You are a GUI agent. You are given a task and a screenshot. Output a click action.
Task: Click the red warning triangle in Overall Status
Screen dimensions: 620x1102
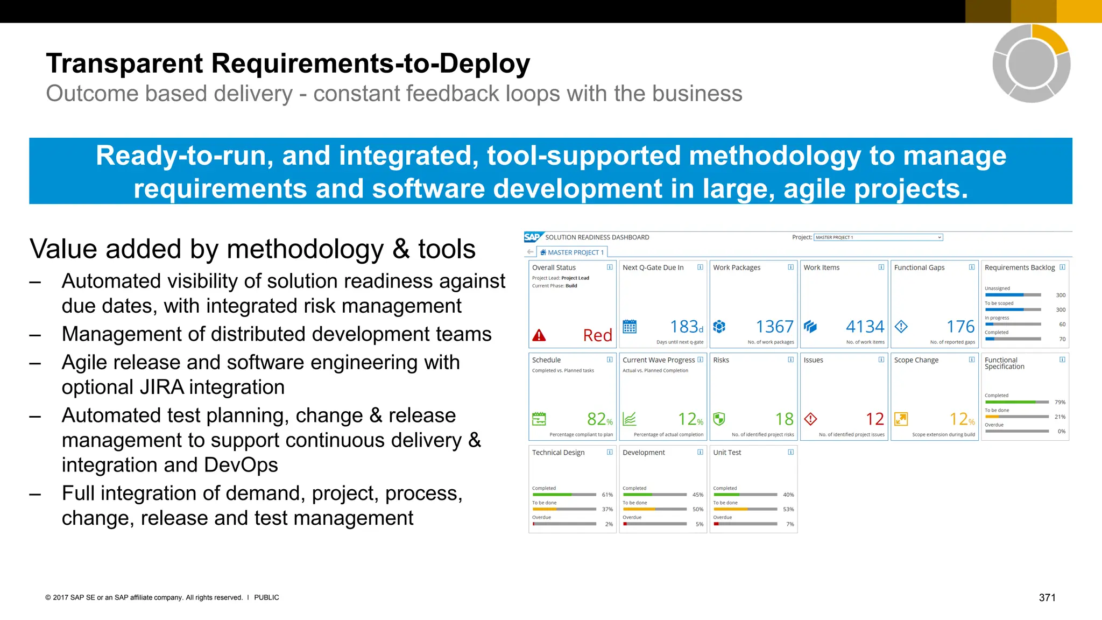pos(539,336)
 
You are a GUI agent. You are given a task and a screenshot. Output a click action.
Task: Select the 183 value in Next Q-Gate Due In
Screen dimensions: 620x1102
pos(683,327)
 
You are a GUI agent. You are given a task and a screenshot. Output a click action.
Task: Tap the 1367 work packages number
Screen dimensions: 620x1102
pos(774,327)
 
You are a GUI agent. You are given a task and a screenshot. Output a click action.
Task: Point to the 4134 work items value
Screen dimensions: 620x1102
pos(865,327)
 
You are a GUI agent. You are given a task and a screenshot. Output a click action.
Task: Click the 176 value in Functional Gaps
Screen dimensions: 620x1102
pos(960,327)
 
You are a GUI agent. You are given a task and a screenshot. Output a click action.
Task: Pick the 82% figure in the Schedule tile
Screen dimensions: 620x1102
pos(597,419)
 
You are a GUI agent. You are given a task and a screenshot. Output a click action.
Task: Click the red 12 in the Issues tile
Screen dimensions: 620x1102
pos(875,419)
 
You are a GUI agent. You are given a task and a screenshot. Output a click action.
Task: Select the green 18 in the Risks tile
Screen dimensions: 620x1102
pos(784,419)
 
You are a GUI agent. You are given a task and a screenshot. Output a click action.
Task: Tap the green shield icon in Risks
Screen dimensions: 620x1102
pos(719,419)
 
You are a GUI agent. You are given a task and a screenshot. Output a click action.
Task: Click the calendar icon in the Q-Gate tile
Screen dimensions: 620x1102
pos(630,327)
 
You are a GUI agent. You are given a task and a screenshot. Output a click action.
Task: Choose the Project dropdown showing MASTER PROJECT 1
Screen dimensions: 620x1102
pos(878,237)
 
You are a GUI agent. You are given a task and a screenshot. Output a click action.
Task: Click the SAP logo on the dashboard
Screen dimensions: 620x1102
pos(533,237)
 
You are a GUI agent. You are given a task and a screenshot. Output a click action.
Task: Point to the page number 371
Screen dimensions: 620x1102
pos(1047,597)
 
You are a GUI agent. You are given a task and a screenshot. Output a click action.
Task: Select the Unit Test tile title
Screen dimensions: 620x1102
pos(727,453)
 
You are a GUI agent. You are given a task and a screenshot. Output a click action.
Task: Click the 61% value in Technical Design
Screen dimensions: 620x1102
pos(607,495)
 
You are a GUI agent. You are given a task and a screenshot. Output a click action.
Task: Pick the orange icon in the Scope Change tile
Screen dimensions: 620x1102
pos(900,419)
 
